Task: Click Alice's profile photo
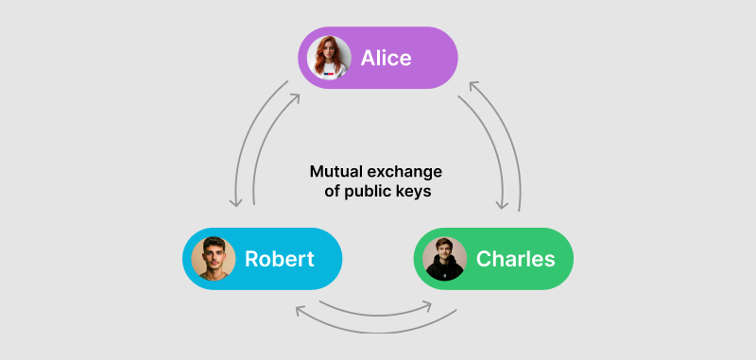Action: tap(329, 58)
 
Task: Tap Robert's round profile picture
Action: tap(214, 258)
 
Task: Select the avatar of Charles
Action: tap(445, 258)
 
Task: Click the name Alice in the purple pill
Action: tap(386, 58)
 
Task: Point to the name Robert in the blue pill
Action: tap(279, 258)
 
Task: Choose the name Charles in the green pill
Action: tap(515, 258)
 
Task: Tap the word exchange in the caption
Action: tap(408, 172)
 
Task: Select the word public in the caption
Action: tap(371, 191)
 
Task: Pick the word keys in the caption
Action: tap(417, 191)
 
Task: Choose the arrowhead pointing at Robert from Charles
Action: tap(301, 311)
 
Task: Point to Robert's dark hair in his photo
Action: tap(214, 245)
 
